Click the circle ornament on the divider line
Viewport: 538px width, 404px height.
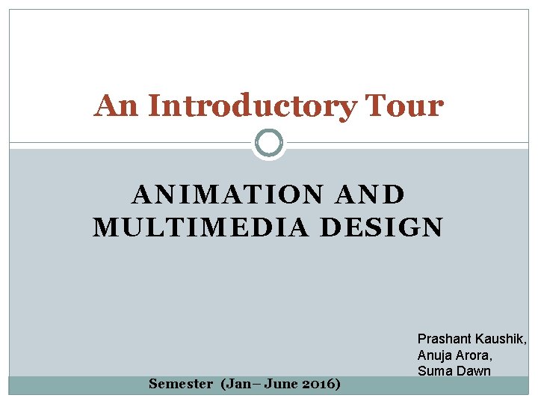tap(269, 143)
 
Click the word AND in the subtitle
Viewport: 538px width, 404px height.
tap(371, 195)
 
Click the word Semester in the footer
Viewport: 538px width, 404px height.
tap(181, 384)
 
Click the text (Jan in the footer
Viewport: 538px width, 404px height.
tap(235, 384)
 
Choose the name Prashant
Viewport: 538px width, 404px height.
tap(444, 340)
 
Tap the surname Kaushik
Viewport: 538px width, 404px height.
tap(500, 340)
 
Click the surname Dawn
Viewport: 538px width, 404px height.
tap(474, 371)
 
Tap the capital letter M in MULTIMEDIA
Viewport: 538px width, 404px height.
tap(103, 227)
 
